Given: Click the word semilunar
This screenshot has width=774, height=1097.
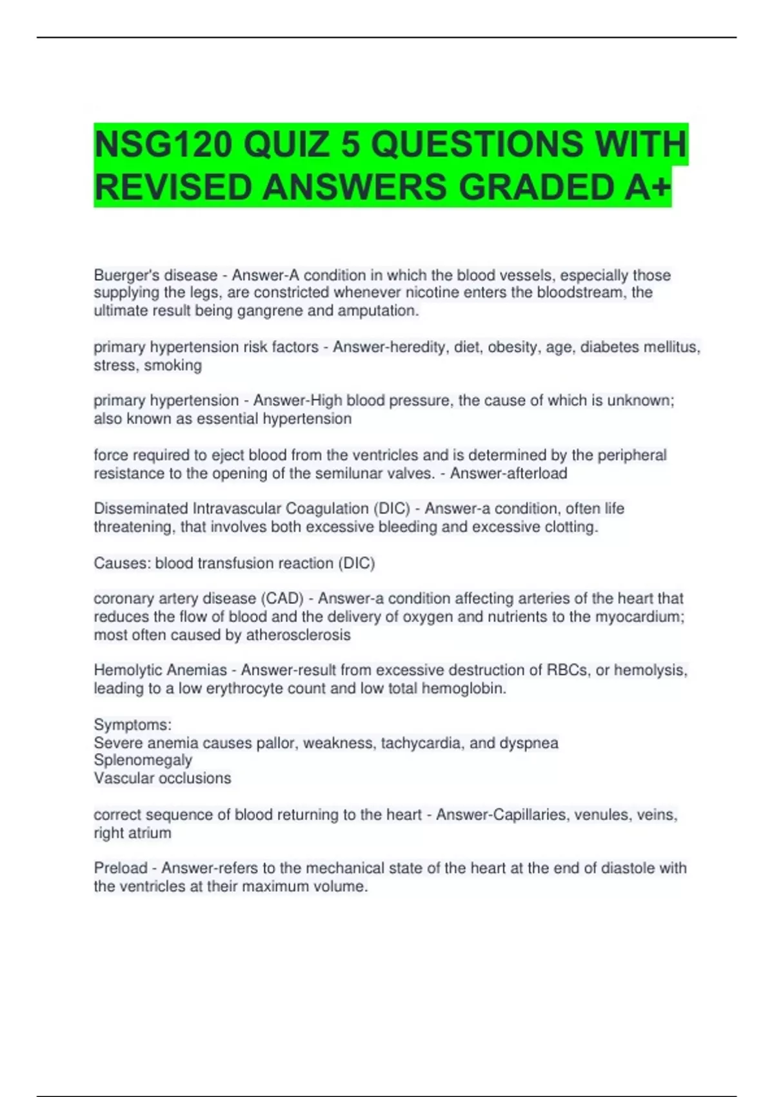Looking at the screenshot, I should (360, 474).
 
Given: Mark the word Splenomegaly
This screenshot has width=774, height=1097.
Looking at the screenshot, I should (143, 760).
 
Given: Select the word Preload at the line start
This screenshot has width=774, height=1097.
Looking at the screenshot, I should (121, 869).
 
